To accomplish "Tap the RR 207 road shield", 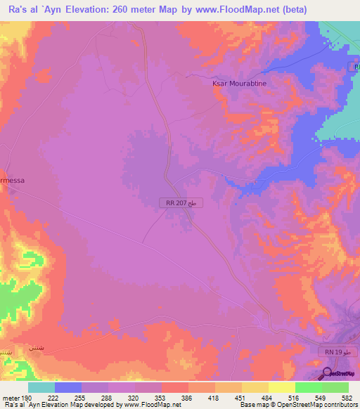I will pyautogui.click(x=176, y=203).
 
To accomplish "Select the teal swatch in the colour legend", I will pyautogui.click(x=41, y=388).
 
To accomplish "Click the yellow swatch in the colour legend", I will pyautogui.click(x=281, y=388).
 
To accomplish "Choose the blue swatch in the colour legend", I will pyautogui.click(x=68, y=388).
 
